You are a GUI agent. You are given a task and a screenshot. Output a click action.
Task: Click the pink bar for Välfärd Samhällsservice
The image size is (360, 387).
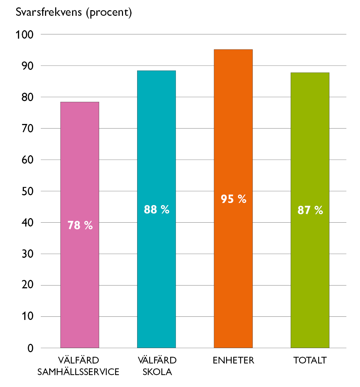click(80, 225)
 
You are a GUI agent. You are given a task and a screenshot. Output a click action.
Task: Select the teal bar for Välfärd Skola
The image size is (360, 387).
click(156, 209)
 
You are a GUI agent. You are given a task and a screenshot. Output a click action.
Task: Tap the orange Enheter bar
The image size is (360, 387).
click(233, 199)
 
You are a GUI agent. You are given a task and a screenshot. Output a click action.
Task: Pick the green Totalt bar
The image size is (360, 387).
click(310, 210)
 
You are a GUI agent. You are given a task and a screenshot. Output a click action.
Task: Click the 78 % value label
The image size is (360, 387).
click(80, 225)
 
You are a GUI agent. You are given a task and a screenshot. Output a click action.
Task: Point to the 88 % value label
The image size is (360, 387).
click(157, 210)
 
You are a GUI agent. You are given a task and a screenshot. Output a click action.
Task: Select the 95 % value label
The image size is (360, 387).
click(233, 199)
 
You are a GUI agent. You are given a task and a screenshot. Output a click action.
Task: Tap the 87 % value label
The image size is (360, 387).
click(310, 210)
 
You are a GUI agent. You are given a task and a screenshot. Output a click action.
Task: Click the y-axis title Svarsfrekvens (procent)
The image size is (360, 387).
click(73, 12)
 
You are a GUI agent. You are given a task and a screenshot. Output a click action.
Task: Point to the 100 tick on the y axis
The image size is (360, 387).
click(25, 35)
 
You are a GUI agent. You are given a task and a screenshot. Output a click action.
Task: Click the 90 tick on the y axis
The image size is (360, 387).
click(27, 66)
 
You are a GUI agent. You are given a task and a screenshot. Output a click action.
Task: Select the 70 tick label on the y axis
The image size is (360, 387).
click(27, 129)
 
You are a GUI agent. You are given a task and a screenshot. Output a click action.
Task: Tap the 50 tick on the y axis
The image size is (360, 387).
click(27, 191)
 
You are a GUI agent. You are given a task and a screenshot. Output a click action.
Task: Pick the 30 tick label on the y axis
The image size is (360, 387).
click(27, 254)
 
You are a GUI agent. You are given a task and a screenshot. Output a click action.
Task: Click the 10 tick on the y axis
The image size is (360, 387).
click(27, 316)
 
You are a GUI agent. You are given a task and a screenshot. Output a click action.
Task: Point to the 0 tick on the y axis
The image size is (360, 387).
click(30, 348)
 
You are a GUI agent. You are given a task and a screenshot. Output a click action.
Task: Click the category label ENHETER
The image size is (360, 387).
click(233, 360)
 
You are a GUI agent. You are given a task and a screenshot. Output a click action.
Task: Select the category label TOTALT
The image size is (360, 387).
click(310, 360)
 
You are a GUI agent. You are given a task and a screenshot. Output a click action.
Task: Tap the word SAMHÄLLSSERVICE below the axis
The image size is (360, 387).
click(78, 372)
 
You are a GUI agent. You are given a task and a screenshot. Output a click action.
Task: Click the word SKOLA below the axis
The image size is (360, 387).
click(157, 372)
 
